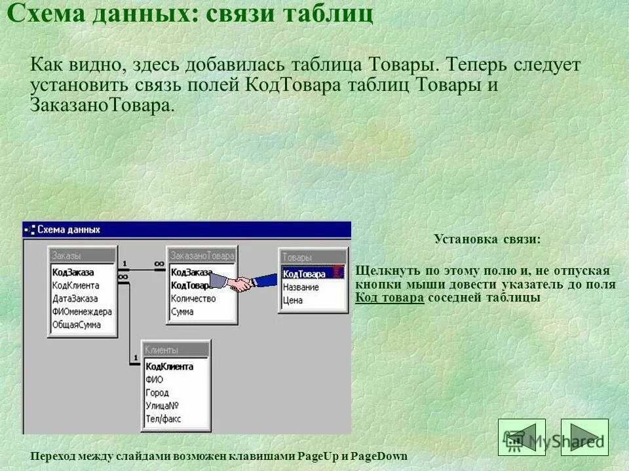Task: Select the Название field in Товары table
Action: point(301,287)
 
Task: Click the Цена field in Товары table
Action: point(293,301)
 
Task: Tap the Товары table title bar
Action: point(313,258)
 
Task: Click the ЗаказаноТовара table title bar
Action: point(201,255)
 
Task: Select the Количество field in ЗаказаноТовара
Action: point(193,298)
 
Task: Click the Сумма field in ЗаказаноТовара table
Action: point(182,311)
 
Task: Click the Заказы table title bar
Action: point(83,255)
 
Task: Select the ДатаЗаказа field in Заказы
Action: point(75,298)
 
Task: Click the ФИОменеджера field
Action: point(82,311)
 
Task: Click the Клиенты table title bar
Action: point(176,350)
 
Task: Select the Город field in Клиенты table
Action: point(157,392)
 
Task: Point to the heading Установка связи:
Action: point(487,239)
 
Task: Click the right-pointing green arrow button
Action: point(584,437)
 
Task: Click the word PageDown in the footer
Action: point(383,456)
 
